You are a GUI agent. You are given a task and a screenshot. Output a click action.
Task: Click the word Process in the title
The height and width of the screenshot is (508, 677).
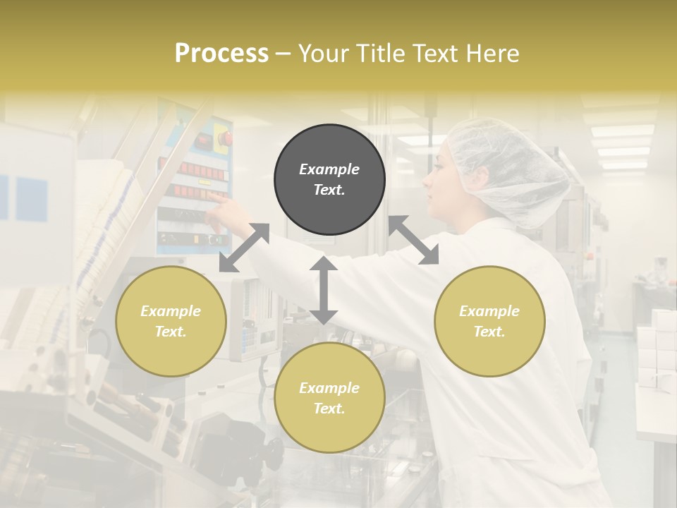click(x=221, y=54)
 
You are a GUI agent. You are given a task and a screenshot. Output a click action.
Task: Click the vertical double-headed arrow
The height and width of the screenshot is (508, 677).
click(x=324, y=290)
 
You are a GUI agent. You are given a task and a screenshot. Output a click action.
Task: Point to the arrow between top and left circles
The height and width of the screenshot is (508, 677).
click(x=244, y=248)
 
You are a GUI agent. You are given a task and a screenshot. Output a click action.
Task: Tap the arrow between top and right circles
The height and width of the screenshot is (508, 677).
click(x=413, y=241)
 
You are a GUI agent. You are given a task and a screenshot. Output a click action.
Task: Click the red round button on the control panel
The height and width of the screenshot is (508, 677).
click(x=224, y=138)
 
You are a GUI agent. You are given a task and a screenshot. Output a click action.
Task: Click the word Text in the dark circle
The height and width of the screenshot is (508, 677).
click(x=329, y=190)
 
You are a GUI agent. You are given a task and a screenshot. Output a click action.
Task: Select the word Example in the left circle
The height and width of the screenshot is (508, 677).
click(x=171, y=310)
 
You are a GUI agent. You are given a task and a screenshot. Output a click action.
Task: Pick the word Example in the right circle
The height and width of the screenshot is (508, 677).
click(x=489, y=310)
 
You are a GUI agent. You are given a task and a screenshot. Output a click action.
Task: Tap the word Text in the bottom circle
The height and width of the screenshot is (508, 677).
click(x=329, y=409)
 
